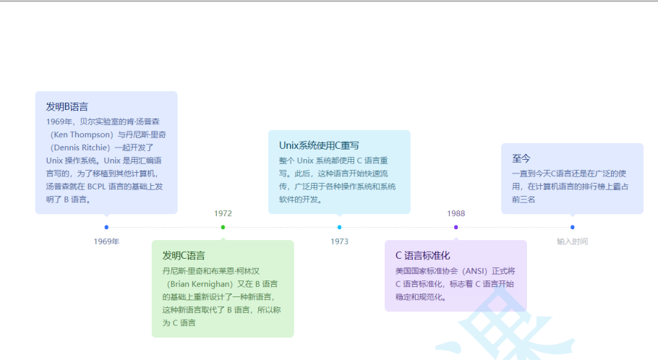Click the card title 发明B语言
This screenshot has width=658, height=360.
pyautogui.click(x=67, y=107)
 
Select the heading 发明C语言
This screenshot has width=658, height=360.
pyautogui.click(x=184, y=256)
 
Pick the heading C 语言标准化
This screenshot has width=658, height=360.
pyautogui.click(x=423, y=256)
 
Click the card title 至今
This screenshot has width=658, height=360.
pyautogui.click(x=521, y=159)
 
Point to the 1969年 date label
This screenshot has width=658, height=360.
pyautogui.click(x=106, y=241)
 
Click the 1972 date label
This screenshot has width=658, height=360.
pyautogui.click(x=223, y=213)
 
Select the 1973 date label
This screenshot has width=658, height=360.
pyautogui.click(x=339, y=241)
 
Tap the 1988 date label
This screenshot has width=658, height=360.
pyautogui.click(x=456, y=213)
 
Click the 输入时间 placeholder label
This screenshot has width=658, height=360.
pyautogui.click(x=572, y=241)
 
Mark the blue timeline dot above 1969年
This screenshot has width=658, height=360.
pyautogui.click(x=106, y=228)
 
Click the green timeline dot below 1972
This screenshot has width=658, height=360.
pyautogui.click(x=223, y=228)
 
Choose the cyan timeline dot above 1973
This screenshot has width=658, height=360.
pyautogui.click(x=339, y=228)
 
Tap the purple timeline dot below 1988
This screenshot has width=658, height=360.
pyautogui.click(x=456, y=228)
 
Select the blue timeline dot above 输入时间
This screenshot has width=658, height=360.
pyautogui.click(x=572, y=228)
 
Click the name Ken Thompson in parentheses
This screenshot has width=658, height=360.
pyautogui.click(x=82, y=134)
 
